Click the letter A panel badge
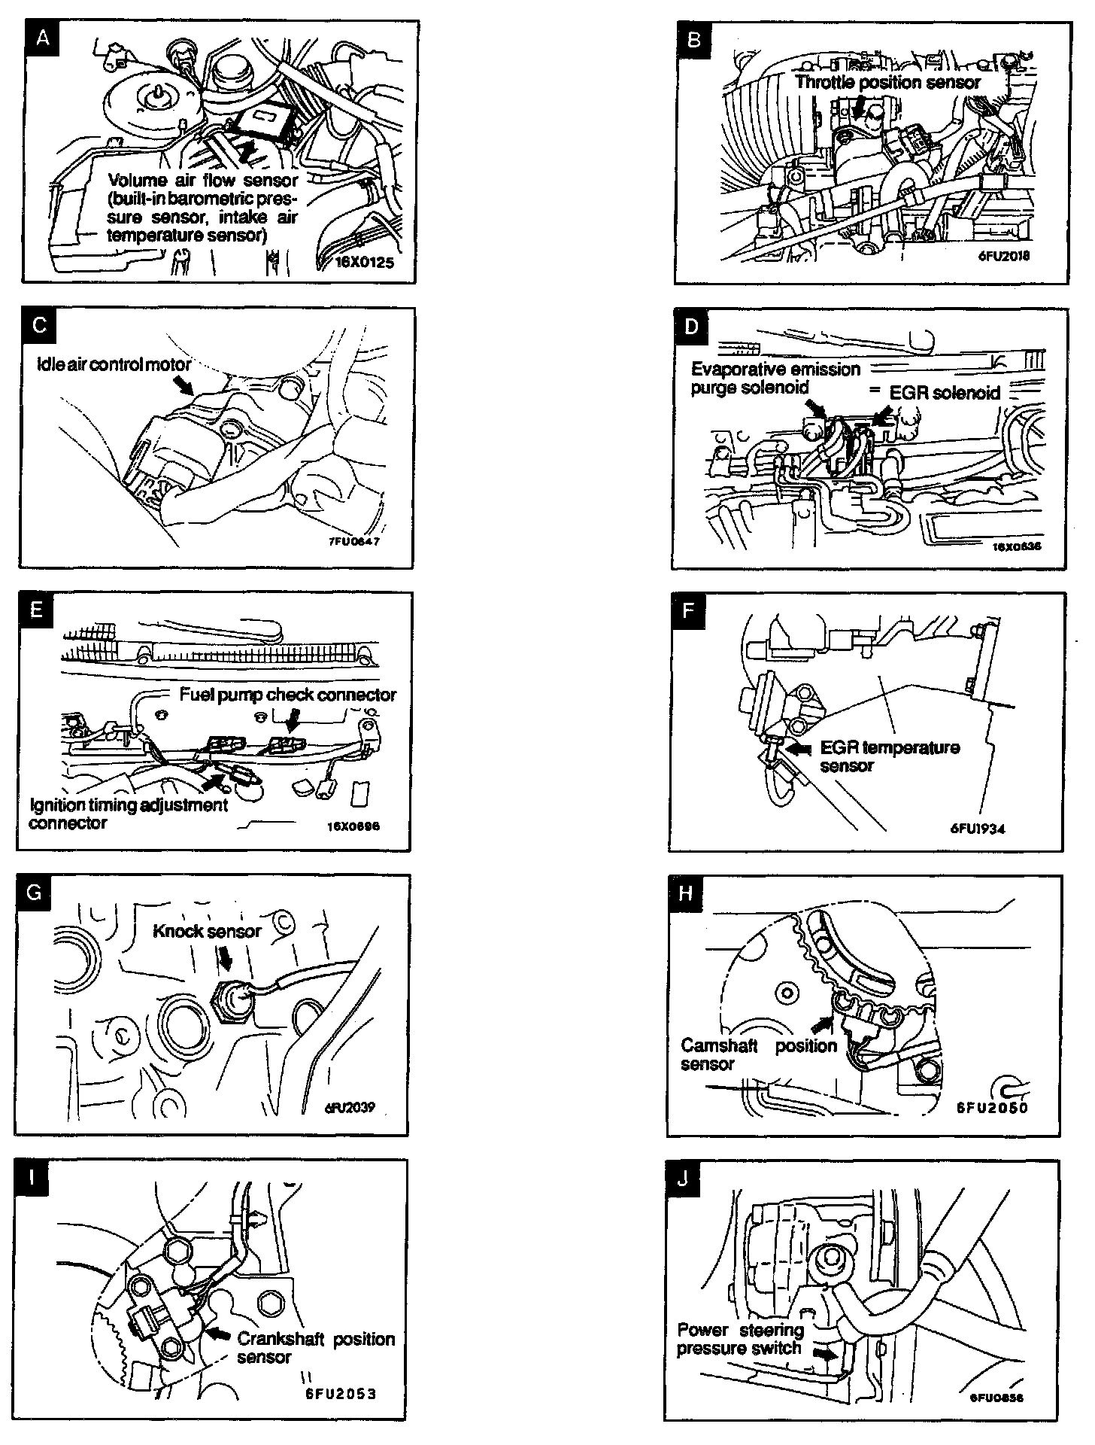click(x=42, y=38)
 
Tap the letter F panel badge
click(x=687, y=610)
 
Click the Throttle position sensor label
click(x=887, y=82)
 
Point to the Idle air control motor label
click(x=114, y=364)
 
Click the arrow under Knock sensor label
click(x=224, y=958)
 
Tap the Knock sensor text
click(x=207, y=931)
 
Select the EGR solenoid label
click(x=945, y=392)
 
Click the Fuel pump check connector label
click(x=287, y=695)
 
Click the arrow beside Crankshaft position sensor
click(x=218, y=1332)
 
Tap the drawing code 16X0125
click(x=365, y=263)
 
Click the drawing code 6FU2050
click(x=991, y=1107)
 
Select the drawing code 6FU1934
click(x=977, y=829)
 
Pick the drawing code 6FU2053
click(x=341, y=1393)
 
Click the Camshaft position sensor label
click(x=758, y=1054)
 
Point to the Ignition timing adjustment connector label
click(x=128, y=814)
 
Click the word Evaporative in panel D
click(x=736, y=370)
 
